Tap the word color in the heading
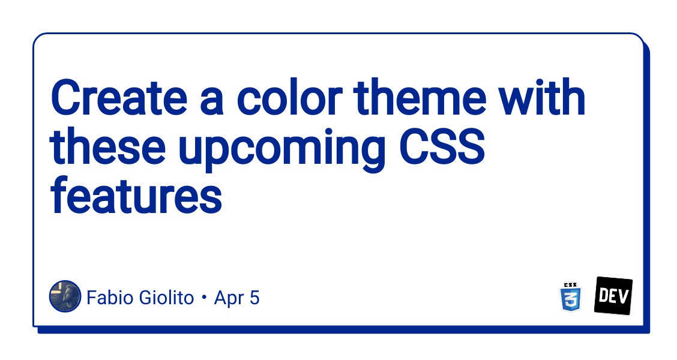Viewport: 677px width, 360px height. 290,97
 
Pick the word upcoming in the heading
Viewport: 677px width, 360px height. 281,150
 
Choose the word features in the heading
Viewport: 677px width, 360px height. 136,194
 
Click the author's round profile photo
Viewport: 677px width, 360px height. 65,296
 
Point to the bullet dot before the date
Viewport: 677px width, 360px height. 204,298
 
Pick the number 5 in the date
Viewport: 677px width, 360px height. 254,298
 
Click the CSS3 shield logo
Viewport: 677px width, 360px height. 570,297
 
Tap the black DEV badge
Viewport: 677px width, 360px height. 613,296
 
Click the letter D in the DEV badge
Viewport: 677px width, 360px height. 603,296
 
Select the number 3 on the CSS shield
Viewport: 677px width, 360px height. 570,299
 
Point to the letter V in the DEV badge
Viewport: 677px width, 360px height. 624,295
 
